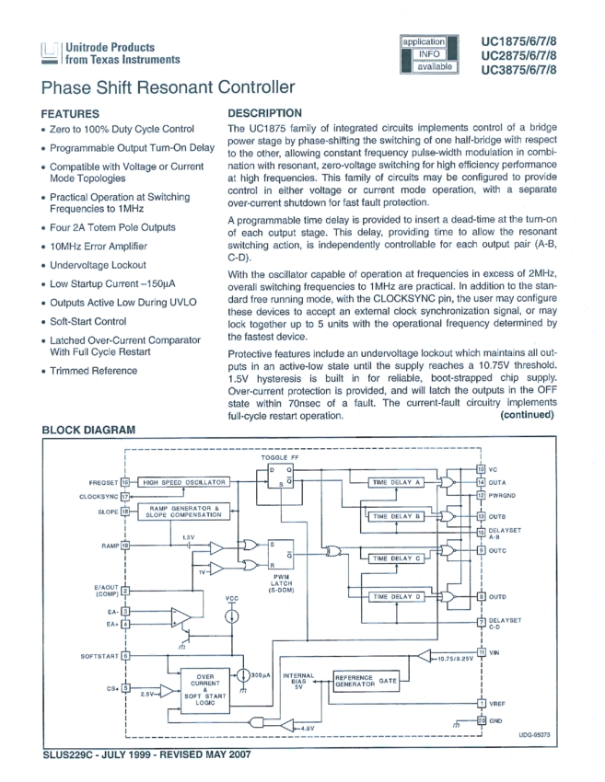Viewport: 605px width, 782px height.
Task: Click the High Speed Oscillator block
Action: pyautogui.click(x=183, y=482)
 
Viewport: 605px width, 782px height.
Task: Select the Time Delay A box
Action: pyautogui.click(x=394, y=482)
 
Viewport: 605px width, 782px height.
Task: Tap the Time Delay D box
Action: pyautogui.click(x=394, y=596)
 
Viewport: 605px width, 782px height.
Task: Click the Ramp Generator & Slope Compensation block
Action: pyautogui.click(x=183, y=512)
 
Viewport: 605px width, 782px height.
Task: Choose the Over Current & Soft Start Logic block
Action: pyautogui.click(x=205, y=687)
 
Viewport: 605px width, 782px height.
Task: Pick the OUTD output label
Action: pyautogui.click(x=498, y=596)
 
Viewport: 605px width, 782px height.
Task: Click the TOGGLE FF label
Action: pyautogui.click(x=280, y=456)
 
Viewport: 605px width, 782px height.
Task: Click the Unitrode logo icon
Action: pyautogui.click(x=51, y=53)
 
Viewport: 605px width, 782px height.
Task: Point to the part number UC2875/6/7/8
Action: pyautogui.click(x=519, y=57)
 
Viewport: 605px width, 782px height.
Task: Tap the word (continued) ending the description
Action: pyautogui.click(x=527, y=415)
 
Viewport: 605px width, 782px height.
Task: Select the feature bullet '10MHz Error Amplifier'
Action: pyautogui.click(x=99, y=247)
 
